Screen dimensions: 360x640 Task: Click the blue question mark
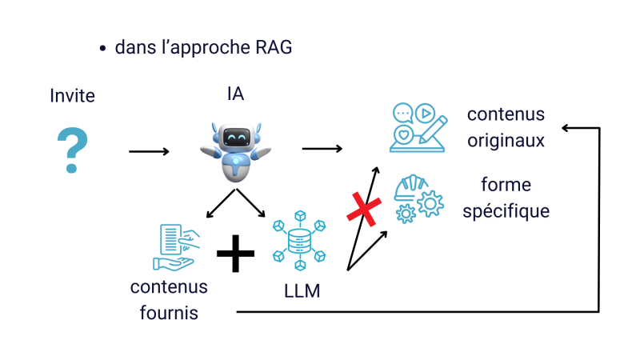[71, 150]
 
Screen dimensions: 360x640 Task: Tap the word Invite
[72, 96]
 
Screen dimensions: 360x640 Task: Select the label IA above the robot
[235, 94]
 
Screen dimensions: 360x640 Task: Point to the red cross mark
[363, 210]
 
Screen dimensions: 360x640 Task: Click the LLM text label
[302, 291]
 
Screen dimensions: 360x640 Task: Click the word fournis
[169, 313]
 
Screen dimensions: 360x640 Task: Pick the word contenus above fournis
[169, 287]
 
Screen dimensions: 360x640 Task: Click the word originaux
[506, 141]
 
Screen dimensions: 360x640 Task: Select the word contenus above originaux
[506, 114]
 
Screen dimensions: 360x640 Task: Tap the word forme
[506, 186]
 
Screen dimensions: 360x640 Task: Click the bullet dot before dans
[102, 49]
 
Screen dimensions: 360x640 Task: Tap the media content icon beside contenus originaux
[418, 126]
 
